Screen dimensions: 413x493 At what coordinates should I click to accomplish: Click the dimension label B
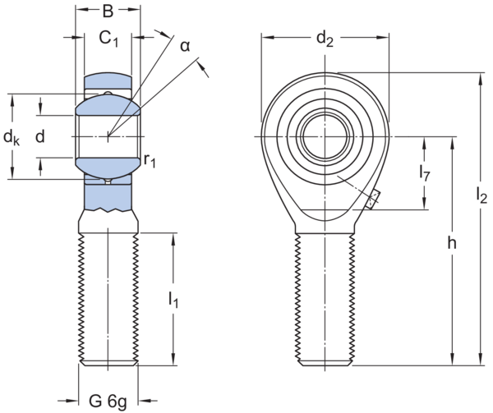pyautogui.click(x=108, y=11)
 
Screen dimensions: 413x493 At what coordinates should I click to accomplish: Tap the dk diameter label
pyautogui.click(x=11, y=137)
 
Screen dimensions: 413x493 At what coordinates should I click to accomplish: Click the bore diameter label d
pyautogui.click(x=39, y=136)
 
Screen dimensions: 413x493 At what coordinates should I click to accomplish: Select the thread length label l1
pyautogui.click(x=173, y=300)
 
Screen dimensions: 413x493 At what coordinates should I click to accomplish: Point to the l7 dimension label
pyautogui.click(x=425, y=174)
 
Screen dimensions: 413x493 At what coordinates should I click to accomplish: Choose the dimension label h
pyautogui.click(x=452, y=244)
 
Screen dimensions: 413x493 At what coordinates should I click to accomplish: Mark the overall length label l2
pyautogui.click(x=481, y=195)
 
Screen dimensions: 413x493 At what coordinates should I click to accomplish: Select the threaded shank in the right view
pyautogui.click(x=325, y=296)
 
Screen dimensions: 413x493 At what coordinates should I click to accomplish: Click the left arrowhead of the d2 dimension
pyautogui.click(x=265, y=37)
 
